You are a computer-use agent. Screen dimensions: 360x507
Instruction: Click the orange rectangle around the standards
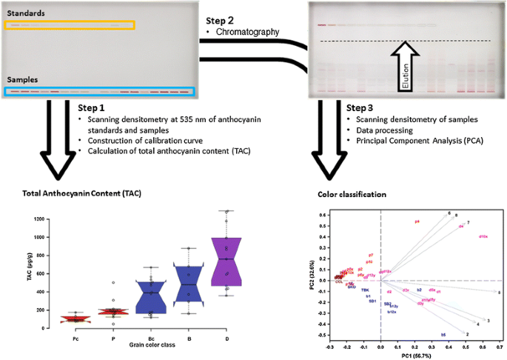[70, 25]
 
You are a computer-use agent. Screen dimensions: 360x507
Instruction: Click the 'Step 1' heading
[94, 107]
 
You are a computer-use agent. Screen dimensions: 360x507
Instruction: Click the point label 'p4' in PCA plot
[417, 221]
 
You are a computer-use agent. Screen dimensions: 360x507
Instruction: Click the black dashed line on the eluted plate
[408, 41]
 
